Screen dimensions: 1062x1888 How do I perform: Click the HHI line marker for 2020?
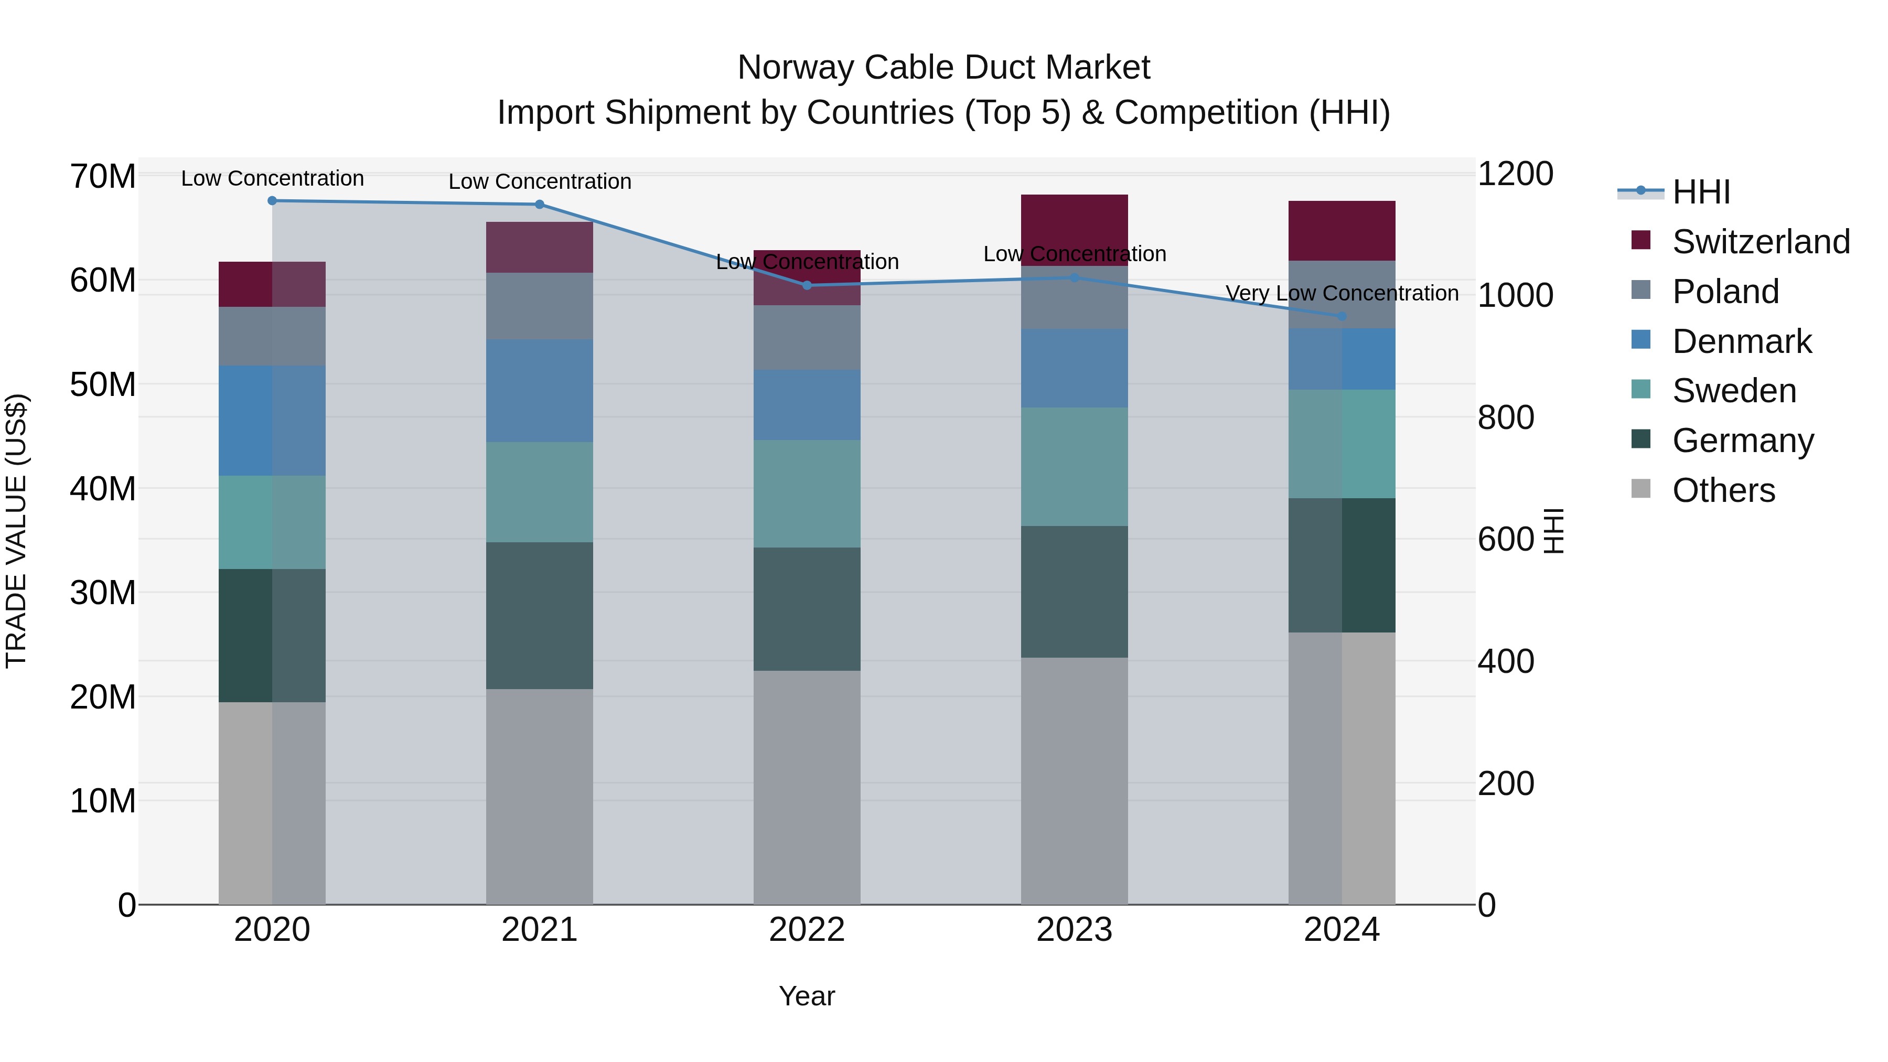(272, 201)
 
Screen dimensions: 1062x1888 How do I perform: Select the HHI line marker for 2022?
(807, 285)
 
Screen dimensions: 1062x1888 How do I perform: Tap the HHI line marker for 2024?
(1342, 317)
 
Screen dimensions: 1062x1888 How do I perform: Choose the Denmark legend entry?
(1741, 341)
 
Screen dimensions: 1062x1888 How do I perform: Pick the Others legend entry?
(1723, 490)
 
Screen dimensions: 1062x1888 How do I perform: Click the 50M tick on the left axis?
(103, 385)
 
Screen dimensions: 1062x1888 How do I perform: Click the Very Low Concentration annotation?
(1342, 293)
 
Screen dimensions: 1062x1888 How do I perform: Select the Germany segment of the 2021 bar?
(540, 616)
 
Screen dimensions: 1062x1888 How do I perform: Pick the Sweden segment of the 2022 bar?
(807, 494)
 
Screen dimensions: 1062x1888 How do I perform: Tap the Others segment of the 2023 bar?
(1075, 780)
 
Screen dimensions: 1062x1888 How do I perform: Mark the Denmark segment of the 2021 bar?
(540, 391)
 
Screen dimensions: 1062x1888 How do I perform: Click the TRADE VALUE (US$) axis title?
(16, 531)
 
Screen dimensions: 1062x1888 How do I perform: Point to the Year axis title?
(807, 996)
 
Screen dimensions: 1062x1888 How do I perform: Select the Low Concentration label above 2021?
(540, 182)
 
